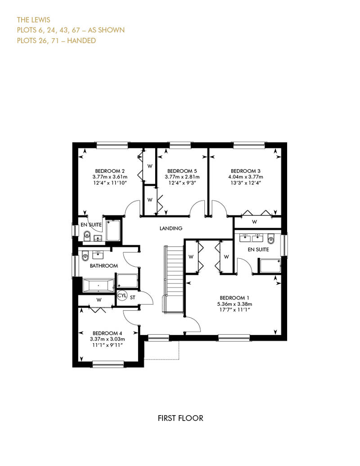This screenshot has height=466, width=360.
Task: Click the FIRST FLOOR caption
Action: pos(180,418)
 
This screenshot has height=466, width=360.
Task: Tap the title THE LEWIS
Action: pos(34,20)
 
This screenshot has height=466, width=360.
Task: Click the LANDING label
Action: pos(171,228)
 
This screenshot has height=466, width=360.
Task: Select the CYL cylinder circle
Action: pos(122,296)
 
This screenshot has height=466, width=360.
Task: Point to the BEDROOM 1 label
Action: pos(234,298)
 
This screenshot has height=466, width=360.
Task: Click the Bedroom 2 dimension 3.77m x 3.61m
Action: pos(110,177)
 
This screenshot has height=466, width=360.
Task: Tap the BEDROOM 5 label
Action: pos(182,171)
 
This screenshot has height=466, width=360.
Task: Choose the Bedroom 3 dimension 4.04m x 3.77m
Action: pos(246,177)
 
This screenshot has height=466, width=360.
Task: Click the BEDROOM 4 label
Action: pos(107,333)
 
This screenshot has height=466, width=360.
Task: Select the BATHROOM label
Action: pos(104,266)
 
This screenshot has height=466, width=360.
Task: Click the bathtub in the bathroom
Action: pos(98,286)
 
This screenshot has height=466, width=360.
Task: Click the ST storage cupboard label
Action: pos(133,297)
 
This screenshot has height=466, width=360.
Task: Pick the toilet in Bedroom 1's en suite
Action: pos(271,239)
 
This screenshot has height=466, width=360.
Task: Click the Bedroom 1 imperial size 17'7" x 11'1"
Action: pos(234,309)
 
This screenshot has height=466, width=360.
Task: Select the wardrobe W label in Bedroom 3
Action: pos(254,222)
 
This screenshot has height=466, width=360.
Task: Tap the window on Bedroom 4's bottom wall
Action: pos(108,364)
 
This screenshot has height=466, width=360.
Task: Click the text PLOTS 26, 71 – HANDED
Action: pos(57,41)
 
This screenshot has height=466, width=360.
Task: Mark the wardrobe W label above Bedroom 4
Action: pos(99,300)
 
